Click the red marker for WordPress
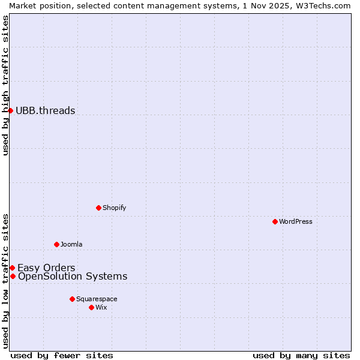point(275,221)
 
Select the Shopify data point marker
point(98,208)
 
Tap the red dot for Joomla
point(56,244)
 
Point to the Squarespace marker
point(72,299)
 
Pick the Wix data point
point(91,307)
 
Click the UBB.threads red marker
point(10,110)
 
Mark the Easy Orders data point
point(12,268)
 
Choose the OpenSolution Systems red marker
point(13,276)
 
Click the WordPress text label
point(296,221)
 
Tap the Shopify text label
point(114,208)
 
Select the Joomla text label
point(71,244)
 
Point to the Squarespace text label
point(97,299)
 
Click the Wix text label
point(101,307)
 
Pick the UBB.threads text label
point(46,110)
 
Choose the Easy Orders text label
point(46,268)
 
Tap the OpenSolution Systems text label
point(73,276)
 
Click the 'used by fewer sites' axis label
point(62,355)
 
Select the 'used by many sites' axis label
point(301,355)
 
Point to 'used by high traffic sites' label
point(5,85)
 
